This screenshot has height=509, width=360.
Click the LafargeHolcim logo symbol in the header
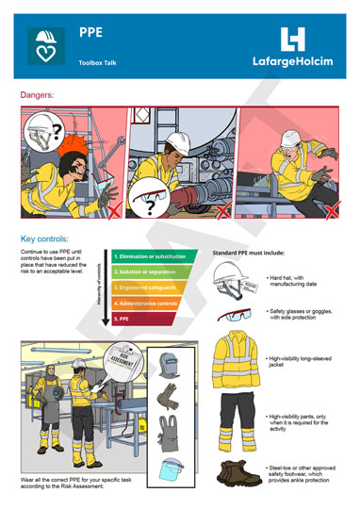[x=294, y=39]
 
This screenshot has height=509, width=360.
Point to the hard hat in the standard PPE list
[x=232, y=279]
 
